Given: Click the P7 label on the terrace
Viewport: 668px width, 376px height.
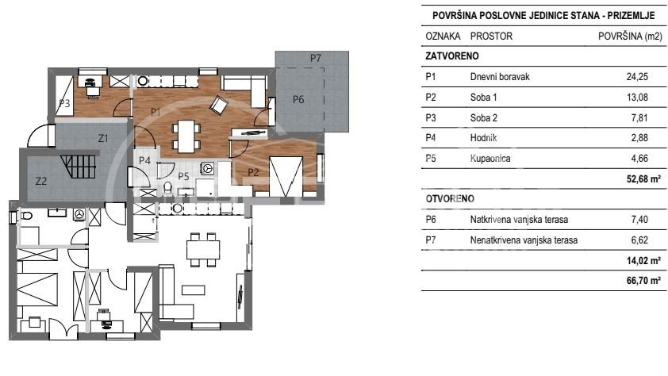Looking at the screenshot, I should point(316,58).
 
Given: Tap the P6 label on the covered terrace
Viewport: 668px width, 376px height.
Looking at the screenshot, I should point(298,99).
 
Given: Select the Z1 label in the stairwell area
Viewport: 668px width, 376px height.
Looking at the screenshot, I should point(102,137).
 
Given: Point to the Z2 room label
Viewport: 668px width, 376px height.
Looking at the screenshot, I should point(42,180).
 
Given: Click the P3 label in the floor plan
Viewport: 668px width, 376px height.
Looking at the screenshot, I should point(65,103).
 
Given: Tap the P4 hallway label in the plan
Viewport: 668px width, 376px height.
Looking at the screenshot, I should point(144,160).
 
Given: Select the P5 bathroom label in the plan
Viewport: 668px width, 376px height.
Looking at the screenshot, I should point(183,175).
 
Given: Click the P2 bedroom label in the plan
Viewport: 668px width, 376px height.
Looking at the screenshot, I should point(253,171).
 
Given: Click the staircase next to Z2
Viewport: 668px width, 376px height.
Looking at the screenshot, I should point(80,167).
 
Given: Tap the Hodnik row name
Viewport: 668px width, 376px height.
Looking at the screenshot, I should point(484,138).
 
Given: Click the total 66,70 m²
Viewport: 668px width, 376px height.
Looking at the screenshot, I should point(644,281).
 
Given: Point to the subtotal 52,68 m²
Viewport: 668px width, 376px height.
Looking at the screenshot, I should point(644,179).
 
